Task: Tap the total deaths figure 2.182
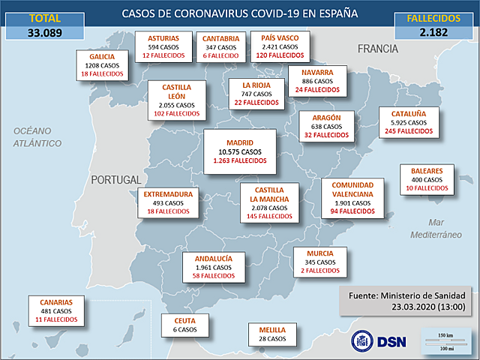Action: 434,32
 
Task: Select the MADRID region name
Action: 239,142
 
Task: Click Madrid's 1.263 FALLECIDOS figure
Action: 239,160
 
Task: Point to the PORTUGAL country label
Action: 115,180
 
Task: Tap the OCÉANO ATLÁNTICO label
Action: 36,136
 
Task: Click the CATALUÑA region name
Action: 409,114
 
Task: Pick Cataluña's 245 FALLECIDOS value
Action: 409,131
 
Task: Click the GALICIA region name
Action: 102,57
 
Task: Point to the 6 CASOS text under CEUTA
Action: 184,329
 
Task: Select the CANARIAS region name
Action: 56,302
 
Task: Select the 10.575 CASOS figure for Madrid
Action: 239,151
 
